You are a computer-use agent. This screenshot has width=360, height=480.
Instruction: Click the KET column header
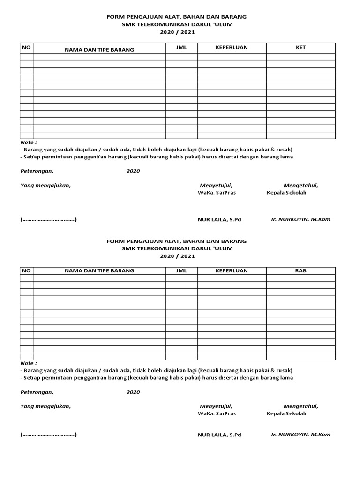pyautogui.click(x=301, y=48)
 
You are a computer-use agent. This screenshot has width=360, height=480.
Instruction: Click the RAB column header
pyautogui.click(x=301, y=270)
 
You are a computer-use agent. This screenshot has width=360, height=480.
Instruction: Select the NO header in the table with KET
pyautogui.click(x=26, y=48)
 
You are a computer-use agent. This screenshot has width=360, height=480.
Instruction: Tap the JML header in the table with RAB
pyautogui.click(x=181, y=270)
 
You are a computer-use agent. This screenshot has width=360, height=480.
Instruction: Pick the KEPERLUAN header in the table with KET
pyautogui.click(x=232, y=48)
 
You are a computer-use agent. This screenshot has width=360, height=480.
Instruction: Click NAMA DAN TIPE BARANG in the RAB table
pyautogui.click(x=99, y=270)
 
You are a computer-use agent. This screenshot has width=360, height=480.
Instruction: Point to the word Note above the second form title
pyautogui.click(x=29, y=142)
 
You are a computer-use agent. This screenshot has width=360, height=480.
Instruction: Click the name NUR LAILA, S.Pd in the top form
pyautogui.click(x=219, y=219)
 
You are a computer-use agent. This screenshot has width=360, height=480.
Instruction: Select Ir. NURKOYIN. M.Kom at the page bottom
pyautogui.click(x=300, y=434)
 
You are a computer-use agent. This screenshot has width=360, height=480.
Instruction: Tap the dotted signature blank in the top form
pyautogui.click(x=49, y=219)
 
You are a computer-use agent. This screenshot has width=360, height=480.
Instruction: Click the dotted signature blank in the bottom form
pyautogui.click(x=49, y=435)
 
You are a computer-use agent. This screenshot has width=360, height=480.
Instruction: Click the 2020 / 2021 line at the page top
pyautogui.click(x=177, y=32)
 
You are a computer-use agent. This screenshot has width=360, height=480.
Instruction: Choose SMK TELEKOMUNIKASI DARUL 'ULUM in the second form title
pyautogui.click(x=177, y=248)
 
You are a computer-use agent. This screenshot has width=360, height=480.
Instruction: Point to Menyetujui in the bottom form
pyautogui.click(x=216, y=406)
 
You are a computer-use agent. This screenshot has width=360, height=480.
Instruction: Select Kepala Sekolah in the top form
pyautogui.click(x=286, y=193)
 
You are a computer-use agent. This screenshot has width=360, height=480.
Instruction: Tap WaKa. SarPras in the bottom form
pyautogui.click(x=217, y=413)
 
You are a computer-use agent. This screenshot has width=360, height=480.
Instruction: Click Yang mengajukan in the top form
pyautogui.click(x=45, y=185)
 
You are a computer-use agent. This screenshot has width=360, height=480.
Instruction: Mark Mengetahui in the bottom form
pyautogui.click(x=300, y=406)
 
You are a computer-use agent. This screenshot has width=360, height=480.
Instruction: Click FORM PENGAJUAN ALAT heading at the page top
pyautogui.click(x=177, y=17)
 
